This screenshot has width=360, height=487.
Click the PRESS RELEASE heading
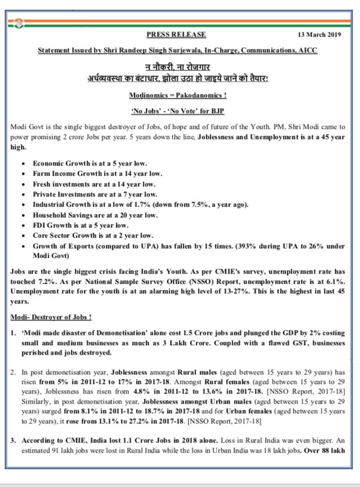coord(176,35)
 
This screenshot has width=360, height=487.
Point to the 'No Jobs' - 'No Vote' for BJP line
coord(177,111)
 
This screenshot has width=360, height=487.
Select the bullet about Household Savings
coord(95,215)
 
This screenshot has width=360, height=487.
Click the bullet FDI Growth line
coord(81,225)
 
